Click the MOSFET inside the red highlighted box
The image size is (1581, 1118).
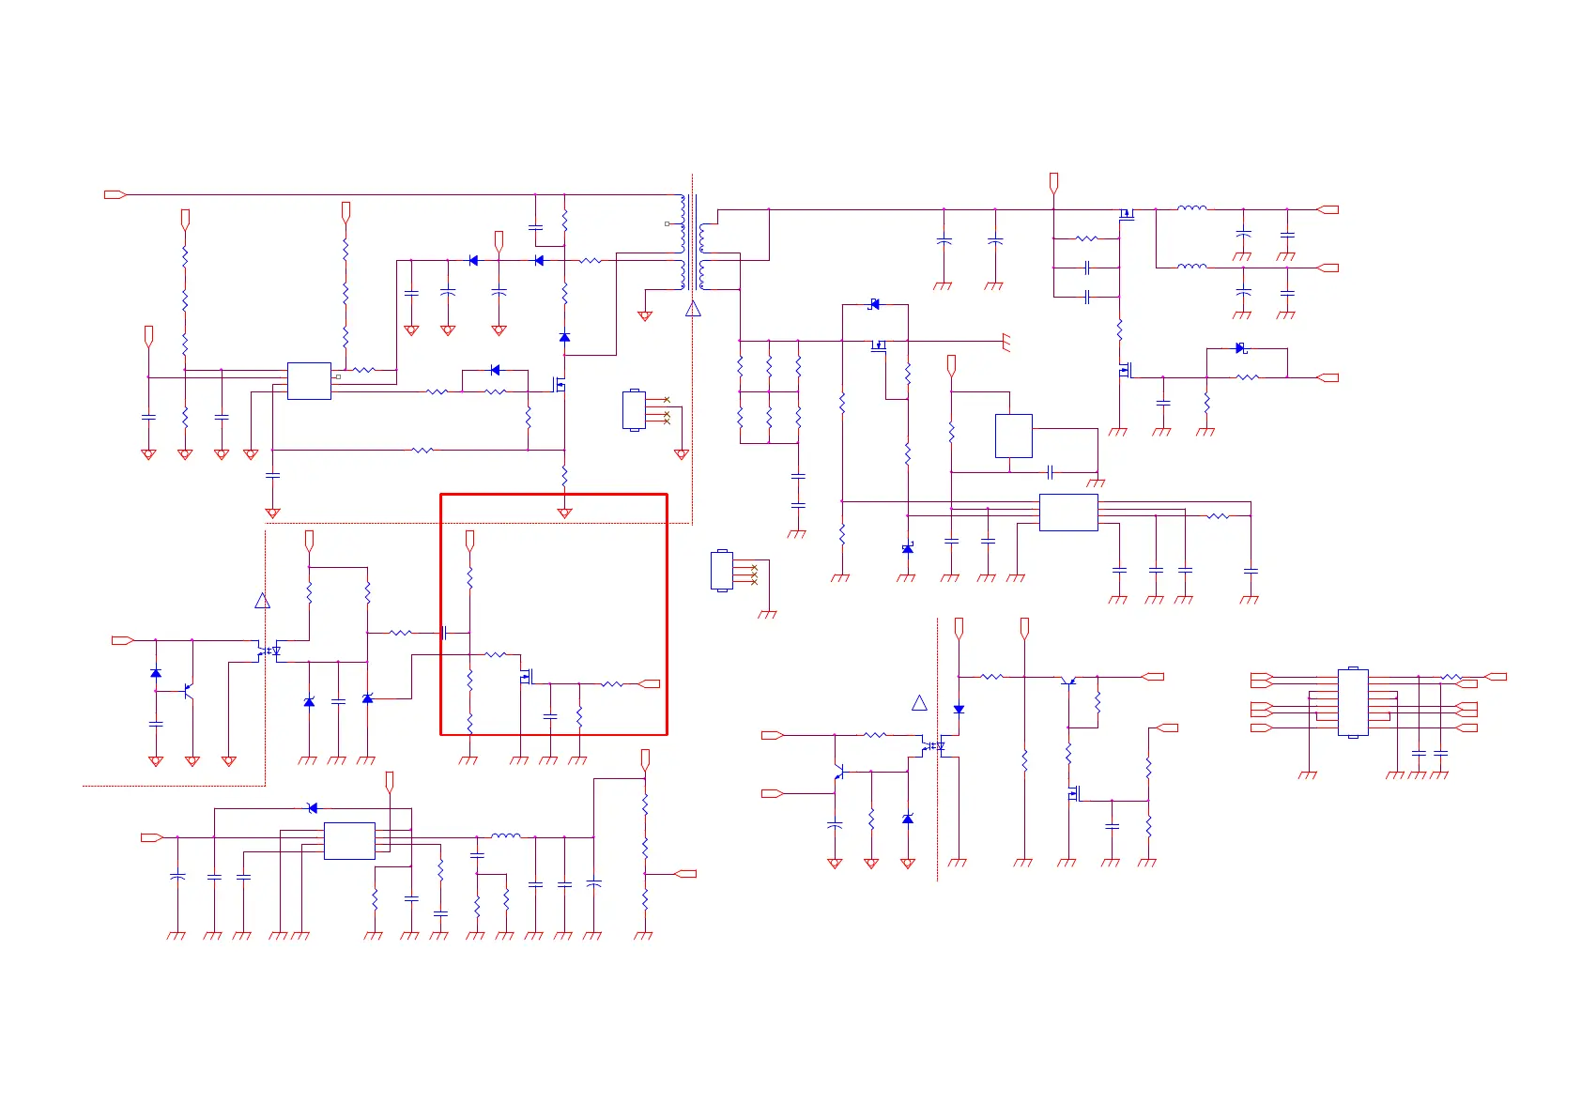pos(526,676)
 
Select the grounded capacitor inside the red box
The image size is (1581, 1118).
pos(550,716)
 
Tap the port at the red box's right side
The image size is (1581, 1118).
pos(649,684)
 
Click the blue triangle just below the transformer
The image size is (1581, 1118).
pos(693,309)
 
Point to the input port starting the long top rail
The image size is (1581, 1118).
pos(115,194)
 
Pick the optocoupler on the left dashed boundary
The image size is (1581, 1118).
pos(269,651)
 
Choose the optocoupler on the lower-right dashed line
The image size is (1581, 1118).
pos(932,747)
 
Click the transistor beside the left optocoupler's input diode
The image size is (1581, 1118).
pos(189,691)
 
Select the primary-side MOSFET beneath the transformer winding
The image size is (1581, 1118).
pos(560,384)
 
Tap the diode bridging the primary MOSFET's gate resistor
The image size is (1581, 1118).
pos(495,370)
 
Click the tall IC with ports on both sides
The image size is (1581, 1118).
pos(1353,702)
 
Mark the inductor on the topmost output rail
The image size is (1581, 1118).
pos(1192,208)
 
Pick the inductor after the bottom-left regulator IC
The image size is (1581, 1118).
pos(506,835)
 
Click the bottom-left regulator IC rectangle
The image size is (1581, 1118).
pos(349,841)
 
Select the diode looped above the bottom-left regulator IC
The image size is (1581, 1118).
pos(313,808)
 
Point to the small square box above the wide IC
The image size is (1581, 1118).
pos(1013,436)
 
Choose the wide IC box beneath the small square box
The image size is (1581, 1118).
pos(1068,513)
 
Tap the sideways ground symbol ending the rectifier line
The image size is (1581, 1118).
pos(1006,342)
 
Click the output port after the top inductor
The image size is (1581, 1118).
pos(1328,209)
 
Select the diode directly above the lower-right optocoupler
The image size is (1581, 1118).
pos(959,710)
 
